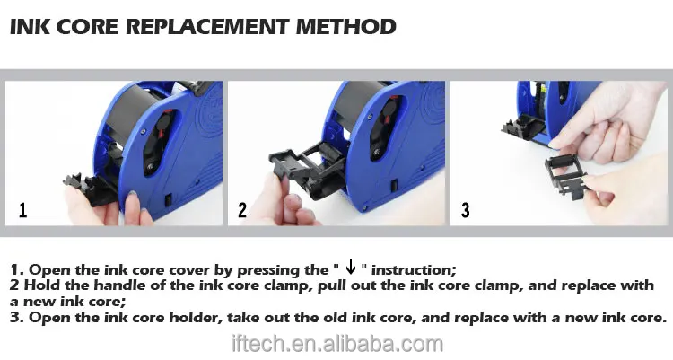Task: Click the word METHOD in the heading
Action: tap(346, 27)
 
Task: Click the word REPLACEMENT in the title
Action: tap(207, 27)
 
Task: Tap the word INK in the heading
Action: tap(30, 27)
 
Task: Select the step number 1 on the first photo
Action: tap(23, 210)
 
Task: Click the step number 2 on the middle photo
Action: tap(242, 210)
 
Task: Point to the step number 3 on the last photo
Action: tap(465, 210)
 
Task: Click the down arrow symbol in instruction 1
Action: tap(351, 267)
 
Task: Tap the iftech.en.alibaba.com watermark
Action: tap(337, 344)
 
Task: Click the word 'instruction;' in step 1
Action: tap(414, 270)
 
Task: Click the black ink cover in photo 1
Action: tap(91, 189)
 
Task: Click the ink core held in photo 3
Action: tap(566, 174)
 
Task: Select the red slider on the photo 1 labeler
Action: tap(162, 125)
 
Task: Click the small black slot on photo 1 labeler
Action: tap(169, 199)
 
